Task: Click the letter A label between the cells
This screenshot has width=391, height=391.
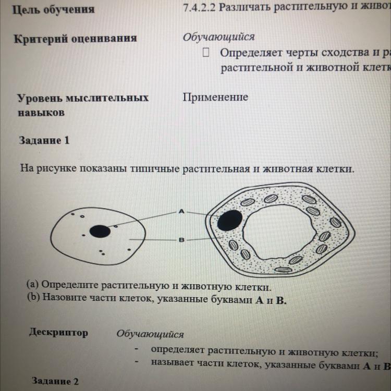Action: click(181, 211)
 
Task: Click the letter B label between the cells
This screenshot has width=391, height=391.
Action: click(181, 240)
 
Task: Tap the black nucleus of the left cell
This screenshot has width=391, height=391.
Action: click(99, 230)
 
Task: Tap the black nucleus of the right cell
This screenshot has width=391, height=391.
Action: click(229, 220)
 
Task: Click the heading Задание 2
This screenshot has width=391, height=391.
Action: click(55, 381)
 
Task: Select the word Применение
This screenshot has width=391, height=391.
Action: click(215, 98)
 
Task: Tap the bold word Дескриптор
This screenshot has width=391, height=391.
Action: click(58, 332)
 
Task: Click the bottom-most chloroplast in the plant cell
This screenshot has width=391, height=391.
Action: click(284, 270)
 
